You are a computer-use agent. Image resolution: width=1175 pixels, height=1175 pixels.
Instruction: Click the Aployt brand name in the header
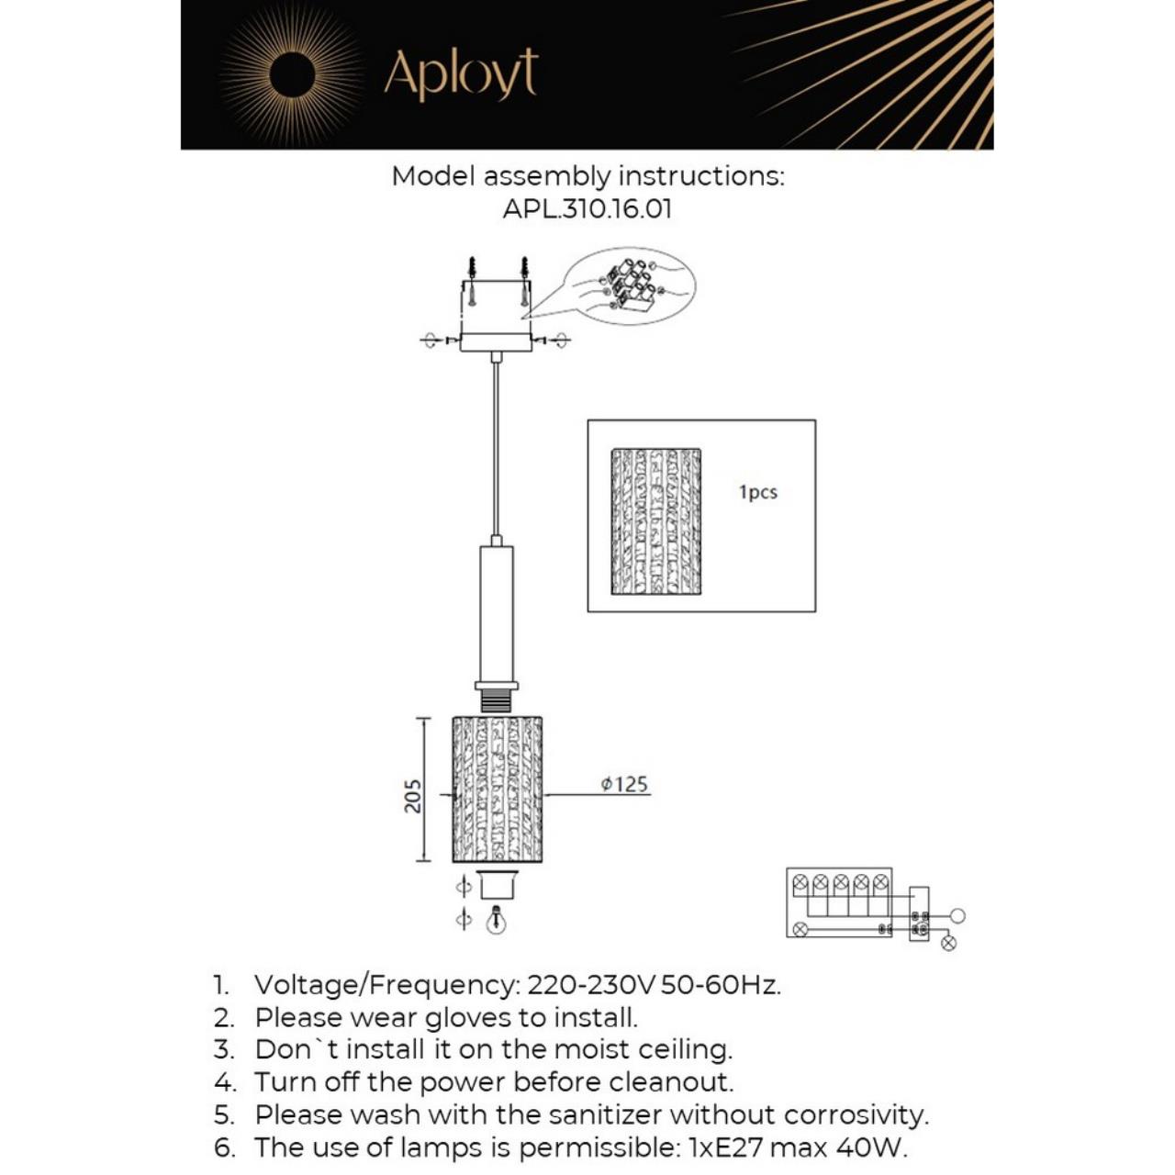click(x=461, y=74)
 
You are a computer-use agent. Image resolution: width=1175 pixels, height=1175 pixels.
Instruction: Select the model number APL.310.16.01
click(x=587, y=208)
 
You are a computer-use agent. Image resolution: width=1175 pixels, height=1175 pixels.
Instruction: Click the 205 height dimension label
click(x=413, y=795)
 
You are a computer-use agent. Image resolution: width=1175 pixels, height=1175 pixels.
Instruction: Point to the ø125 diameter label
click(x=624, y=784)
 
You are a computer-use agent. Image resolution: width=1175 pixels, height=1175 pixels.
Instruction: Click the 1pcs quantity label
click(x=758, y=492)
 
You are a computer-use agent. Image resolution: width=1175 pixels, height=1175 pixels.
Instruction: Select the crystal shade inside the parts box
click(x=655, y=520)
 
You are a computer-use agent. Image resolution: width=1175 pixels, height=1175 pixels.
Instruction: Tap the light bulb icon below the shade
click(x=496, y=920)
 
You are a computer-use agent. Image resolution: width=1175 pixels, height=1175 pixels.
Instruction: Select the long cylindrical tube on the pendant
click(x=497, y=613)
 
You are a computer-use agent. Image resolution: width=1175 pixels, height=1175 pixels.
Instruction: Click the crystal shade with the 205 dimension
click(x=497, y=789)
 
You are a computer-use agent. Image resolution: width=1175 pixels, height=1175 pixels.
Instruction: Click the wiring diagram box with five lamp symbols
click(x=839, y=902)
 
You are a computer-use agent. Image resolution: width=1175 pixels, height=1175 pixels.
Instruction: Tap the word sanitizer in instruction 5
click(x=606, y=1114)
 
